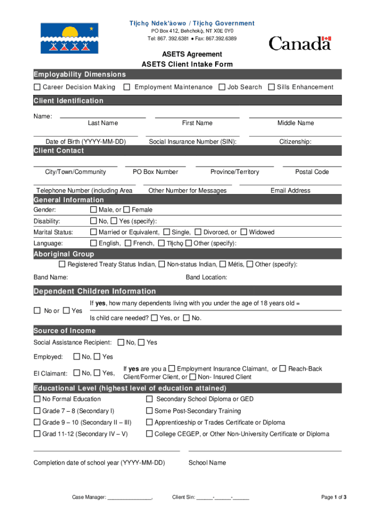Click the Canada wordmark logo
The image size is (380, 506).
(300, 43)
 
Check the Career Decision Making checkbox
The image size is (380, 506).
(37, 87)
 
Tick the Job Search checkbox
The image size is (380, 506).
(222, 87)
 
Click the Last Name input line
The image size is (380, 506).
(103, 118)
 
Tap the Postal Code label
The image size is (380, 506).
(312, 172)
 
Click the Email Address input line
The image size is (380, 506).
(290, 185)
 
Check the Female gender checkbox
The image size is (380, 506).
(127, 210)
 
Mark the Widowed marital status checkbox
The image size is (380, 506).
(244, 232)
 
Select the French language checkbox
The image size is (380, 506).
(128, 243)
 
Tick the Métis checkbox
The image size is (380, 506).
(223, 264)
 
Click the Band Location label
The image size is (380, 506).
(206, 277)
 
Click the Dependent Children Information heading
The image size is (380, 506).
(95, 291)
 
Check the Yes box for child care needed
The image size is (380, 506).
(155, 318)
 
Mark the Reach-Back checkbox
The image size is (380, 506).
(282, 369)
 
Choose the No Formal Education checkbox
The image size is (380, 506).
(37, 399)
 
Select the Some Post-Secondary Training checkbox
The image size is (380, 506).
(149, 411)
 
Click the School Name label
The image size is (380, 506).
(207, 463)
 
